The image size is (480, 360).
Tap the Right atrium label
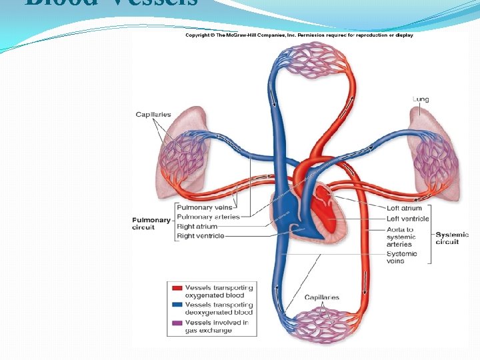[x=197, y=227]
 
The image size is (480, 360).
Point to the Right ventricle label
[x=201, y=236]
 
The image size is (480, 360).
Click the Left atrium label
[x=404, y=208]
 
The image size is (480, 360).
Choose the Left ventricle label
[x=408, y=218]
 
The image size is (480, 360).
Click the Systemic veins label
[x=402, y=257]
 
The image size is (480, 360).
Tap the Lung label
[x=421, y=99]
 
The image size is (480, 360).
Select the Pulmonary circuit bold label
[x=151, y=223]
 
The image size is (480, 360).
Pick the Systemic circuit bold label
[x=452, y=238]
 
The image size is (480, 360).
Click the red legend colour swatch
[x=177, y=289]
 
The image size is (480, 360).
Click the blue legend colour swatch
[x=177, y=305]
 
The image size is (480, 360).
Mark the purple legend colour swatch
[x=177, y=323]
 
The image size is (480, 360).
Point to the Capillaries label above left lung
[x=153, y=115]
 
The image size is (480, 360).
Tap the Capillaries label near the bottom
[x=321, y=297]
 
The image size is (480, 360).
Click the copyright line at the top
[x=299, y=35]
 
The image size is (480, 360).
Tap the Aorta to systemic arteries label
[x=400, y=237]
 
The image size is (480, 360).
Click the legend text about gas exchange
[x=217, y=327]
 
